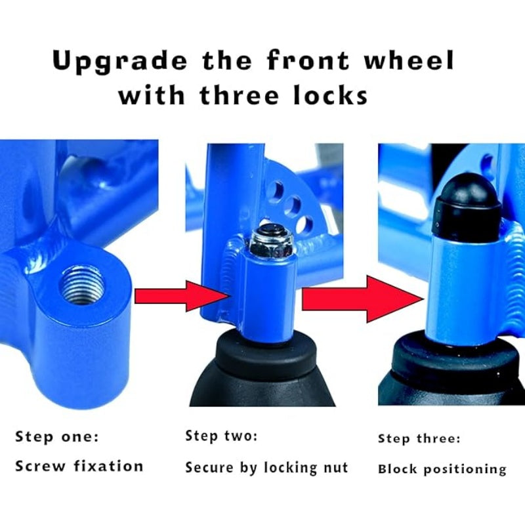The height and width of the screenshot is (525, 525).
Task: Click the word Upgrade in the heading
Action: tap(120, 62)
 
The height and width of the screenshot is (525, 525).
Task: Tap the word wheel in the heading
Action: tap(409, 60)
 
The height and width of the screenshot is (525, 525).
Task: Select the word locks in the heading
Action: tap(331, 95)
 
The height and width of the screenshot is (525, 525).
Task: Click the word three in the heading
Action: tap(240, 95)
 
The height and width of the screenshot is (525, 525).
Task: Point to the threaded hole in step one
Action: tap(82, 284)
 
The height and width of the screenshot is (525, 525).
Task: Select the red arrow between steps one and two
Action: tap(182, 297)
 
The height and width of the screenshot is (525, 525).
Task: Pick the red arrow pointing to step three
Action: tap(363, 299)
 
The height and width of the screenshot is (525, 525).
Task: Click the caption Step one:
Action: tap(57, 437)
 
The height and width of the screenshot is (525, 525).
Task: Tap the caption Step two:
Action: tap(221, 436)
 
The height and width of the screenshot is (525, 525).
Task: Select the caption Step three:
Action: tap(419, 438)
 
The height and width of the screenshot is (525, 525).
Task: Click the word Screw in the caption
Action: tap(40, 466)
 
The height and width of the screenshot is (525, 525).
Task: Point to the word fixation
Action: tap(108, 466)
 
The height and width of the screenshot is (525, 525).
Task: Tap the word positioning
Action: tap(465, 470)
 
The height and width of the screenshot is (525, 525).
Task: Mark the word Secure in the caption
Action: tap(209, 467)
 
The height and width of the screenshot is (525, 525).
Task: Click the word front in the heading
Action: tap(308, 61)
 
